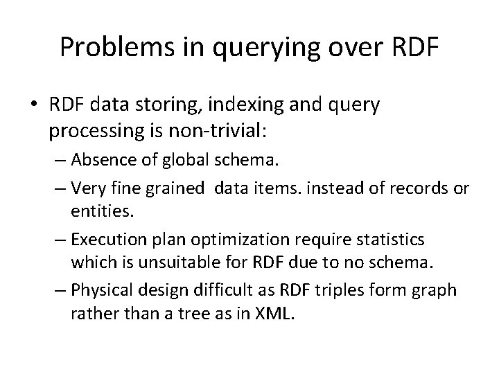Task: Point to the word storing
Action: (x=160, y=106)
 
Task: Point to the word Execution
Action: (x=110, y=239)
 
